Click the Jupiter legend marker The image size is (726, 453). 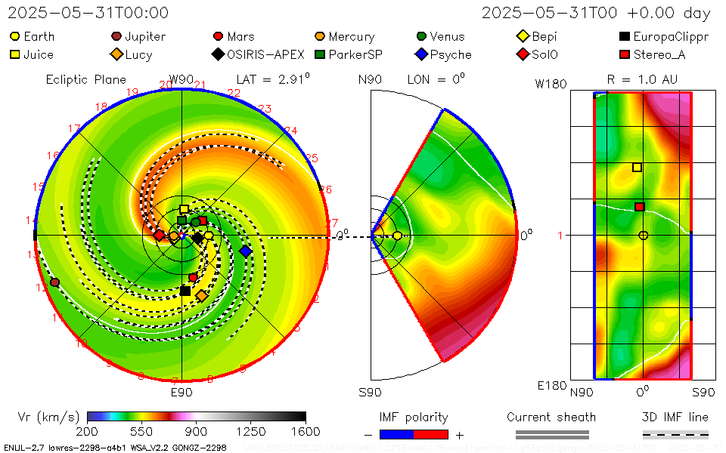116,36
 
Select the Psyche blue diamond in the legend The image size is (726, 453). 421,54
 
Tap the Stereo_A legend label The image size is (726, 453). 663,54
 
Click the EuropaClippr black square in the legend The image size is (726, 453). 624,36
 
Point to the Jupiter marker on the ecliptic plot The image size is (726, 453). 54,282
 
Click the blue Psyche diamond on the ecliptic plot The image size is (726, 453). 245,251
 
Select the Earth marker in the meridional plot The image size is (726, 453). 397,236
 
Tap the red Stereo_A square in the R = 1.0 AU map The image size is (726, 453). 639,207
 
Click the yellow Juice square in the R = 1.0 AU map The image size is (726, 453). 637,168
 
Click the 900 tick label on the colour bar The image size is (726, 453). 197,431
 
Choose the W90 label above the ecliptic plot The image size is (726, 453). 181,79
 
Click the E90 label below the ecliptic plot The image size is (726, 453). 181,392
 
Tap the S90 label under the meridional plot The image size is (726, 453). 370,392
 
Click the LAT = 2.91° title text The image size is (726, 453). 273,79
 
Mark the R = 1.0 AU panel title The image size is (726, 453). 642,79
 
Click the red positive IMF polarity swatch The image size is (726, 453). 430,434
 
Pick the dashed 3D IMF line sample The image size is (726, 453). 675,434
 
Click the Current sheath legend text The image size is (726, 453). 551,417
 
